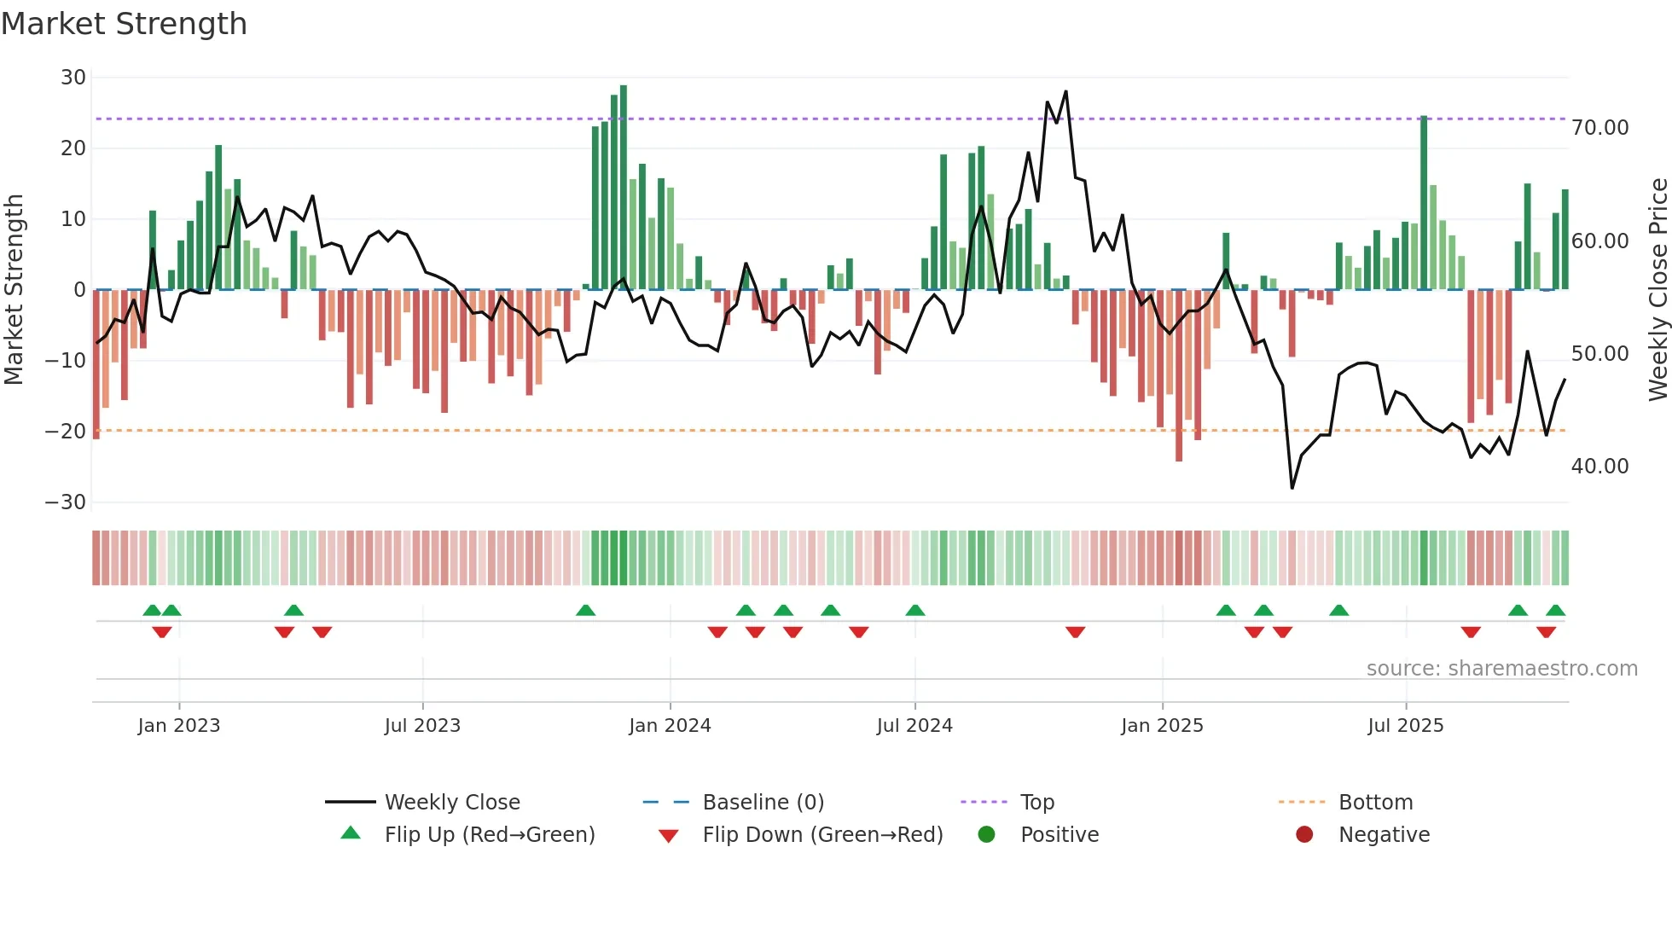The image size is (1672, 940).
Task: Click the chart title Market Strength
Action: tap(125, 24)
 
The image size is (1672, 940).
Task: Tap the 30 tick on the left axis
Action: tap(73, 78)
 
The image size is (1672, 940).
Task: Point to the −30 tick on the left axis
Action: tap(66, 502)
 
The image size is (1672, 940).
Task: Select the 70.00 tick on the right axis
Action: tap(1599, 128)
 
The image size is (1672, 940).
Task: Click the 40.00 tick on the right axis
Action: tap(1599, 467)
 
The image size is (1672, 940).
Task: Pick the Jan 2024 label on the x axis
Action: tap(670, 726)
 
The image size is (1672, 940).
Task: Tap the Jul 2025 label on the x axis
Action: tap(1405, 726)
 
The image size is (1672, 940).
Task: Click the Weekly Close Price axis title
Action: tap(1657, 290)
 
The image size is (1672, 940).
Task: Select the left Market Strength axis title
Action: tap(14, 290)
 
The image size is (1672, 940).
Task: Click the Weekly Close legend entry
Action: tap(452, 803)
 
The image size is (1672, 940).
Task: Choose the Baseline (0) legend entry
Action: tap(763, 803)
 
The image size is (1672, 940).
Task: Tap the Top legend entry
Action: tap(1037, 803)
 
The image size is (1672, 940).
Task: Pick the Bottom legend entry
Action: tap(1375, 803)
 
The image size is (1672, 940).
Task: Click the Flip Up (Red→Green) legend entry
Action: tap(489, 835)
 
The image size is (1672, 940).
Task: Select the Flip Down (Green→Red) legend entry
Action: tap(822, 835)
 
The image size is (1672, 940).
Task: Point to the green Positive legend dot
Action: tap(987, 835)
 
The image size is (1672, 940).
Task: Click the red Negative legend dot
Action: tap(1304, 835)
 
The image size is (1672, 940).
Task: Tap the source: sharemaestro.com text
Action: tap(1501, 669)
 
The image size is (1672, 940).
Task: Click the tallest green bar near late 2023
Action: tap(624, 188)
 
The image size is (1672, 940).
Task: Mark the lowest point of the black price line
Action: tap(1292, 488)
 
